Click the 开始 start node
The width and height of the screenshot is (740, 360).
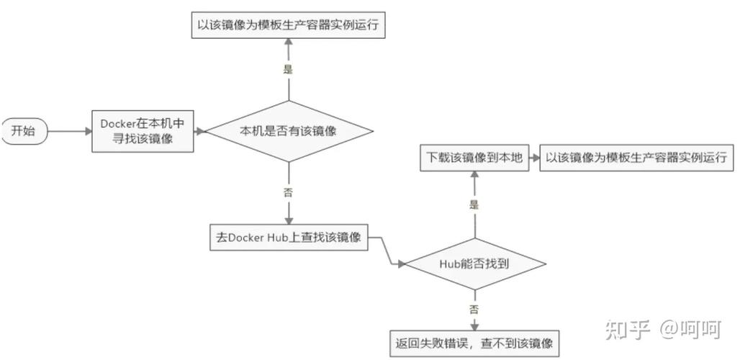tap(23, 131)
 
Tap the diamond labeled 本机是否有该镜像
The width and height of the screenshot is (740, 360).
tap(288, 131)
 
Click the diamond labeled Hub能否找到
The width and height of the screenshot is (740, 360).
tap(474, 264)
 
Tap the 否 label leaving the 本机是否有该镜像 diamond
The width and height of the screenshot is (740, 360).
tap(288, 192)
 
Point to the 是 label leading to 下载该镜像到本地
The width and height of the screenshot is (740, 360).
tap(474, 204)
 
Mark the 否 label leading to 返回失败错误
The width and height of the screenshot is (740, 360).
tap(474, 309)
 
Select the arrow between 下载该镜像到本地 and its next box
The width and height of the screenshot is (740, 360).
tap(534, 157)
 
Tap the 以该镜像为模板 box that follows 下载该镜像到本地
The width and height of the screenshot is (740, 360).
tap(636, 157)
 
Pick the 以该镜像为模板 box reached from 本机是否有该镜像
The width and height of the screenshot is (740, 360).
tap(288, 25)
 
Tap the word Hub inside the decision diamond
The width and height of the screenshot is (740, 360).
tap(449, 264)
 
